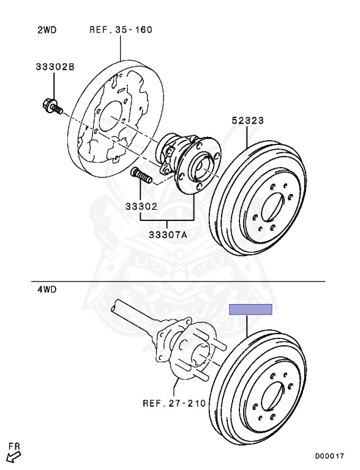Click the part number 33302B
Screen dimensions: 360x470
(55, 67)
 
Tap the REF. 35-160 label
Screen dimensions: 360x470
(121, 29)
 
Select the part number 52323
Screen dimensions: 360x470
(248, 121)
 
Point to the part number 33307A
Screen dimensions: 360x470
(168, 235)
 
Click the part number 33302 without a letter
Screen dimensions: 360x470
(141, 206)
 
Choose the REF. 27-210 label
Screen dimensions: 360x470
(174, 403)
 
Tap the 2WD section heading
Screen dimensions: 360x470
(47, 30)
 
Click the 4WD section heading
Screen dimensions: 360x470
(47, 290)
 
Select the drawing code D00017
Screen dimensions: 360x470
(329, 456)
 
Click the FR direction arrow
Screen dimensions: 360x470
(13, 458)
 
